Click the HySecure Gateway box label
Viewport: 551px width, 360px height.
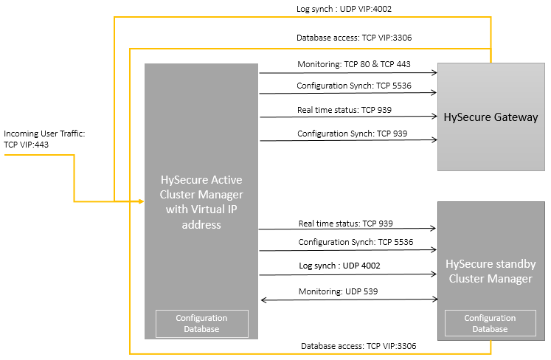[x=491, y=117]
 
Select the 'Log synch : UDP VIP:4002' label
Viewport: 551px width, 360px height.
[x=344, y=9]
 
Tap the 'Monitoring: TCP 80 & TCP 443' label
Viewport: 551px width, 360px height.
[x=354, y=64]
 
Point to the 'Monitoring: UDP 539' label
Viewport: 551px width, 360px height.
[x=338, y=291]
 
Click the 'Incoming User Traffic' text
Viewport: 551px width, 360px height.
[x=44, y=134]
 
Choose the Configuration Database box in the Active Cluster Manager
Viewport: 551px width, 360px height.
[x=202, y=323]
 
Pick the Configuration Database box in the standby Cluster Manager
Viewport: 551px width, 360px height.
[x=491, y=323]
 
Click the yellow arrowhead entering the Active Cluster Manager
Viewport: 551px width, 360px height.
[x=142, y=201]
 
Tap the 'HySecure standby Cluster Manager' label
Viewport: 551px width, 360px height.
[x=491, y=271]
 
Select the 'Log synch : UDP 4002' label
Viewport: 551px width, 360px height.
[x=339, y=266]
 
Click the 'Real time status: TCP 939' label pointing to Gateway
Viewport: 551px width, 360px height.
[x=344, y=110]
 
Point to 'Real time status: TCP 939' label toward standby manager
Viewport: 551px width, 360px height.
[x=346, y=224]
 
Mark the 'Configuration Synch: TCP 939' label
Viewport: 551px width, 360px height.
[x=352, y=134]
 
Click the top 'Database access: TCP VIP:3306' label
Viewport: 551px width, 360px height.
[x=354, y=38]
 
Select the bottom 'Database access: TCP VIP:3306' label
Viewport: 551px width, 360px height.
[x=358, y=346]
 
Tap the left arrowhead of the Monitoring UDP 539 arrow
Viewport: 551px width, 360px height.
[x=263, y=300]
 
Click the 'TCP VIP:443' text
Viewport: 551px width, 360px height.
[x=26, y=145]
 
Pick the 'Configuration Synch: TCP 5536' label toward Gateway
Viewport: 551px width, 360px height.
[x=354, y=86]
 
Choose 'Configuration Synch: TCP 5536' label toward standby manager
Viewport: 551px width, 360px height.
[x=356, y=242]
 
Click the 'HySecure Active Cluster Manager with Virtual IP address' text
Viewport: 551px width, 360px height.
[x=201, y=202]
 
